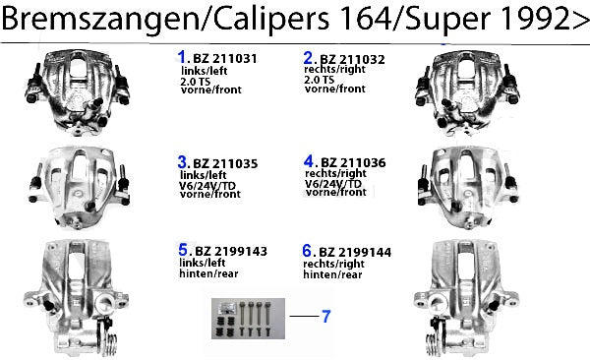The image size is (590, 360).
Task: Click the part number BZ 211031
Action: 224,59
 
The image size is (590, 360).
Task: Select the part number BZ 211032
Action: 352,59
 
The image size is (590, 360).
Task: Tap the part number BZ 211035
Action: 225,164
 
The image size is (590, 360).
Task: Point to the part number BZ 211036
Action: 353,162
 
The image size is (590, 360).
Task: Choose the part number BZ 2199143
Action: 231,251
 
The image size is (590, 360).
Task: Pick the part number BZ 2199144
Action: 355,253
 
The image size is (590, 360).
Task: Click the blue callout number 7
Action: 325,317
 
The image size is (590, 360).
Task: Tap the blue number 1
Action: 182,57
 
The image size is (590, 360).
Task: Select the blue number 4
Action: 309,161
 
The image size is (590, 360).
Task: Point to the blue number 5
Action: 183,250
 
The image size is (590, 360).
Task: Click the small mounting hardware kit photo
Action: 248,319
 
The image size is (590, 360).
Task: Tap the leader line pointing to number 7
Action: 304,316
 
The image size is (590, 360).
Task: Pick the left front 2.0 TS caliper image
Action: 78,92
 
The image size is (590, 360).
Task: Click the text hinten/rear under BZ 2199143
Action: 208,273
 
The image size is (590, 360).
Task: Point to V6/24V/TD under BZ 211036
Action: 333,183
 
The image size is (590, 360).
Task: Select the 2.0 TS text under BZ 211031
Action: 196,82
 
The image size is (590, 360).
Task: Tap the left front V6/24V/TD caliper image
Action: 78,188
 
